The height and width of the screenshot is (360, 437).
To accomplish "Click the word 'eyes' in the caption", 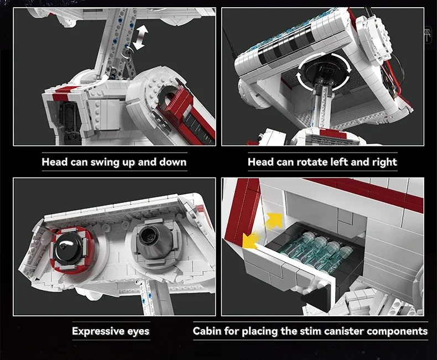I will click(136, 332).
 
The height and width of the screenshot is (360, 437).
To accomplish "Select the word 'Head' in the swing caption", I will click(55, 162).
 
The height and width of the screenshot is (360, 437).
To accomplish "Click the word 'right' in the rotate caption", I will click(383, 162).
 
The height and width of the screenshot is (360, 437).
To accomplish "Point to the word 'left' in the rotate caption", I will click(340, 162).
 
